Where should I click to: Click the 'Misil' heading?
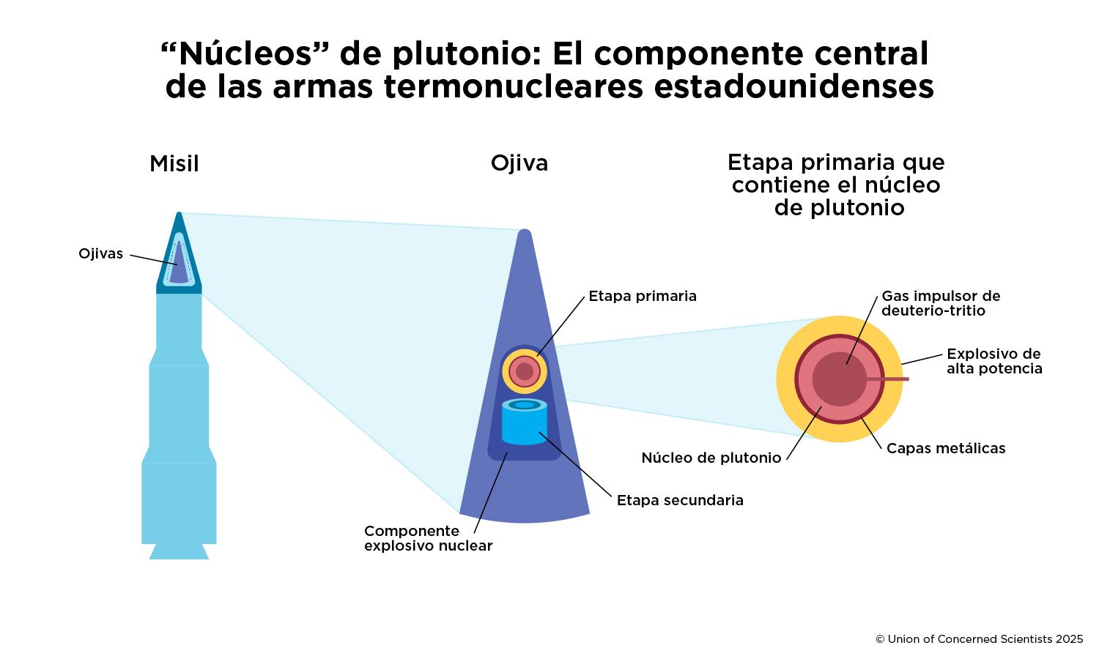click(x=174, y=163)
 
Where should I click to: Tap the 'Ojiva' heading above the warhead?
click(x=519, y=163)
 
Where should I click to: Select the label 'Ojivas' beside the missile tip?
click(x=101, y=254)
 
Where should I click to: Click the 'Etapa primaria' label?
click(x=643, y=296)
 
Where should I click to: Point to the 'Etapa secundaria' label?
click(x=680, y=500)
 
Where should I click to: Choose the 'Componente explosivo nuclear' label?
click(x=428, y=538)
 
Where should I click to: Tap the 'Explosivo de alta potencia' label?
click(x=994, y=361)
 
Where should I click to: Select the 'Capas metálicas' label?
click(x=946, y=448)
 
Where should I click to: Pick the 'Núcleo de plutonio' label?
click(x=711, y=458)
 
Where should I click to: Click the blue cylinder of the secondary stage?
click(x=525, y=425)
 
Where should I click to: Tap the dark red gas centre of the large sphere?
click(x=840, y=379)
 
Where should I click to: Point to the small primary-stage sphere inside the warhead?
click(x=525, y=371)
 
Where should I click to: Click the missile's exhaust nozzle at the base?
click(x=179, y=551)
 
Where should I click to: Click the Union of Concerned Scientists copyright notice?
click(x=979, y=639)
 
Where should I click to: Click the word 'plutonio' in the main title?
click(x=465, y=53)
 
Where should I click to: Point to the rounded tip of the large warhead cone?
click(x=524, y=234)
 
